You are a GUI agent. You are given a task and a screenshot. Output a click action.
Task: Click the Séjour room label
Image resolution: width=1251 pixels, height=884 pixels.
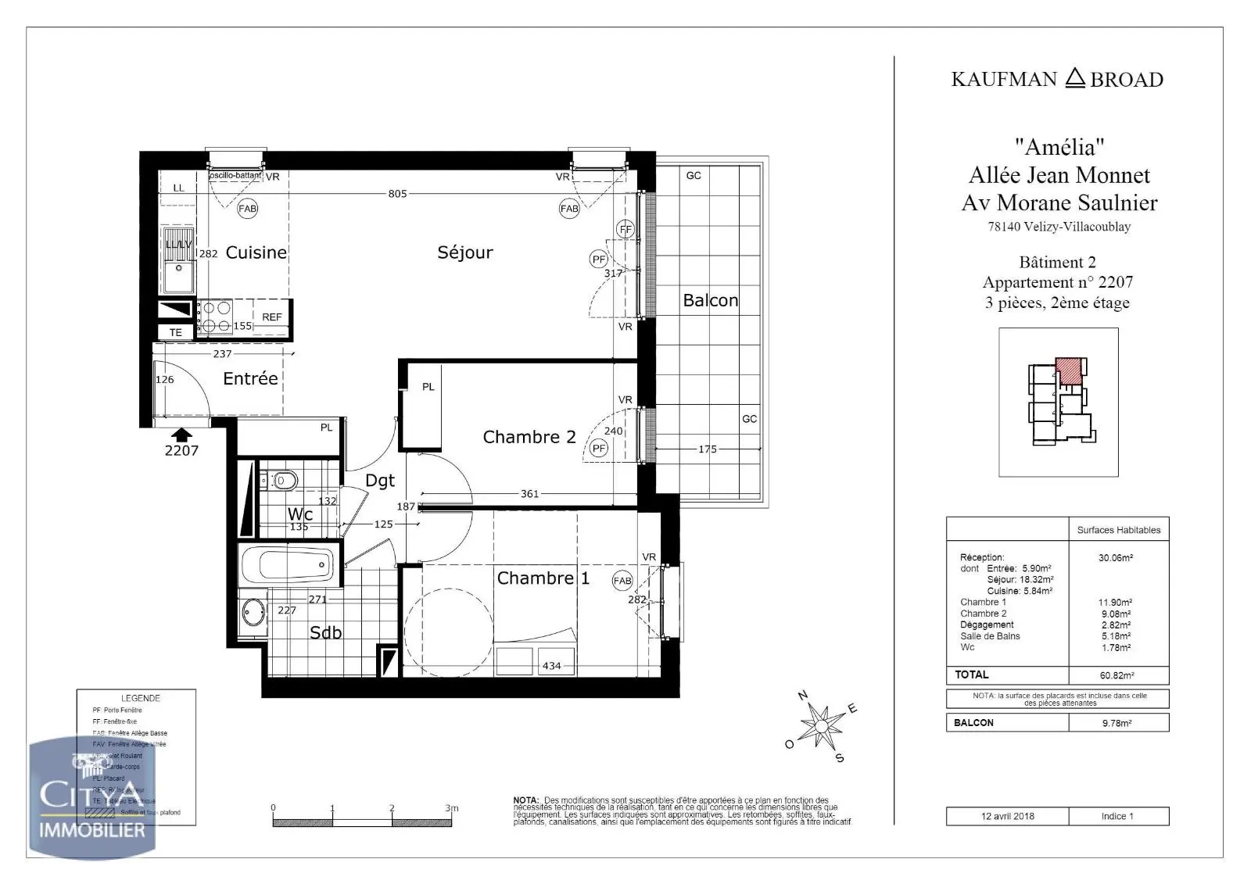464,252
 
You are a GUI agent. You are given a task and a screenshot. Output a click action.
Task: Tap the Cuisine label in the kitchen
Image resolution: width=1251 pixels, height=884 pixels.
256,252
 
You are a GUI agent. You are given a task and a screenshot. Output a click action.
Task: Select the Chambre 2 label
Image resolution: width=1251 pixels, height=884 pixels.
529,437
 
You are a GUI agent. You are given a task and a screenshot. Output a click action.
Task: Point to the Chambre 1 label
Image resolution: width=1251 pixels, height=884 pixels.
543,578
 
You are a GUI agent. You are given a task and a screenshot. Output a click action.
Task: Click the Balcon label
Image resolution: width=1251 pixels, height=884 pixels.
710,301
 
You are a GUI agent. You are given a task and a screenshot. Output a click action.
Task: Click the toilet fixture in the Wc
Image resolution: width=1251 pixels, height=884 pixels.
282,480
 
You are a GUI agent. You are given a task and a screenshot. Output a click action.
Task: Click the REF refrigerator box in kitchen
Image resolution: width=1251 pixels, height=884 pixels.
271,317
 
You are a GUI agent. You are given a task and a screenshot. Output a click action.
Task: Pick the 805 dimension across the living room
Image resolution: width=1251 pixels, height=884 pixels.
397,194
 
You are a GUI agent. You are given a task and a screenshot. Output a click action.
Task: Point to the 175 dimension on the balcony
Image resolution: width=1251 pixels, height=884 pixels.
707,449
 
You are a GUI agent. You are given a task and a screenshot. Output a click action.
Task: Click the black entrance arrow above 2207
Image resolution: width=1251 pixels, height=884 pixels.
181,435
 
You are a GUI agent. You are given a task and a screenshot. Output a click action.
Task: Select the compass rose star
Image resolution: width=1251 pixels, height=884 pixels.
821,726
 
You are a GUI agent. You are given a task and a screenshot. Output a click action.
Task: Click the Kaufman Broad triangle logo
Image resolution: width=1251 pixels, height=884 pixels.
1075,77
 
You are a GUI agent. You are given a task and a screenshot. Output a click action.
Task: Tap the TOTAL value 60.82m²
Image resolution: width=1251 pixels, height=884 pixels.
1117,675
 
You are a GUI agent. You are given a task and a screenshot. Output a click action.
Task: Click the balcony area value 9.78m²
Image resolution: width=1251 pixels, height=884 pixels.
1117,723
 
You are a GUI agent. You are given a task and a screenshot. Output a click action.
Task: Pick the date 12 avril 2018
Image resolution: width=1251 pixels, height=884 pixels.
1008,816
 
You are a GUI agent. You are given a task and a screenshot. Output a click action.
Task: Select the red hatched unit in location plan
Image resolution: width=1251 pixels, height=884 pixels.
1068,370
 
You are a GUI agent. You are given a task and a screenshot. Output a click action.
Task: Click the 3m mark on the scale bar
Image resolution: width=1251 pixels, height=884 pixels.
451,808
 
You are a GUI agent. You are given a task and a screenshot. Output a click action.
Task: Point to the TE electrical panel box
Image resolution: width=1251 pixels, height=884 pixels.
176,332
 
